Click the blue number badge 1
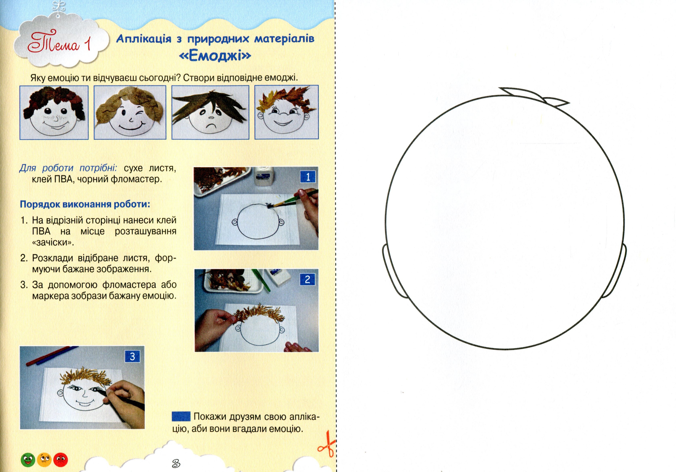pyautogui.click(x=308, y=177)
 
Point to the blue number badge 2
pyautogui.click(x=307, y=279)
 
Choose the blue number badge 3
pyautogui.click(x=132, y=356)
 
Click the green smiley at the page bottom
pyautogui.click(x=28, y=460)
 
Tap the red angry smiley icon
pyautogui.click(x=61, y=460)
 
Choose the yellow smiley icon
pyautogui.click(x=44, y=460)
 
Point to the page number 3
pyautogui.click(x=176, y=463)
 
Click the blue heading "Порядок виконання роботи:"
pyautogui.click(x=85, y=204)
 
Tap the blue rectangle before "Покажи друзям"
pyautogui.click(x=181, y=416)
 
